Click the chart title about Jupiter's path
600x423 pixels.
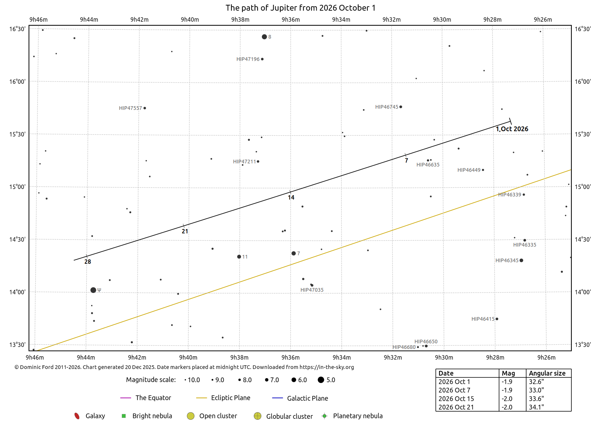click(300, 8)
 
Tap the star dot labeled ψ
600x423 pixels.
click(93, 290)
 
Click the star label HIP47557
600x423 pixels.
click(130, 108)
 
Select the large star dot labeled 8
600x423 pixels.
click(265, 37)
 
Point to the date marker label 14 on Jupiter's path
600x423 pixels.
click(291, 197)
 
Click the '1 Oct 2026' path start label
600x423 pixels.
click(512, 129)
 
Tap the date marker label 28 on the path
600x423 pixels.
click(87, 262)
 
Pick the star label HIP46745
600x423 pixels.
click(387, 107)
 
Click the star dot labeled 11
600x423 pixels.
click(239, 257)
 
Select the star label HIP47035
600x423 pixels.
click(312, 290)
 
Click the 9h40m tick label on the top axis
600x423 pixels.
click(190, 19)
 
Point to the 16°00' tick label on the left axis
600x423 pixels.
click(17, 82)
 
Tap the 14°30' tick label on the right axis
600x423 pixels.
click(583, 239)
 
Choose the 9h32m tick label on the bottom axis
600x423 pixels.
click(393, 357)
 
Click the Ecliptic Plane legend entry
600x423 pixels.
click(223, 398)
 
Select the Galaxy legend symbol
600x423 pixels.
click(77, 416)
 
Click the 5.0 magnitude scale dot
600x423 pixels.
click(321, 380)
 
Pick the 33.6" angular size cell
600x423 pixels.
click(536, 399)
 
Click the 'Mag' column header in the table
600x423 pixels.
click(508, 373)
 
